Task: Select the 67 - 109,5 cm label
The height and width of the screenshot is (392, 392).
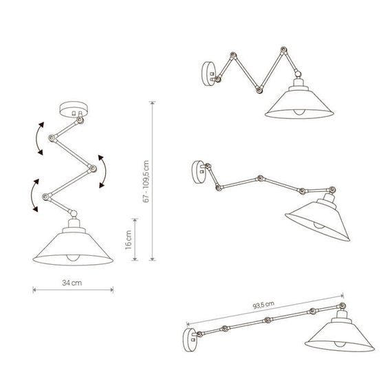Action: pos(143,180)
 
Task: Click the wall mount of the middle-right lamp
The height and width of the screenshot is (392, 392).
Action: pos(197,169)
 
